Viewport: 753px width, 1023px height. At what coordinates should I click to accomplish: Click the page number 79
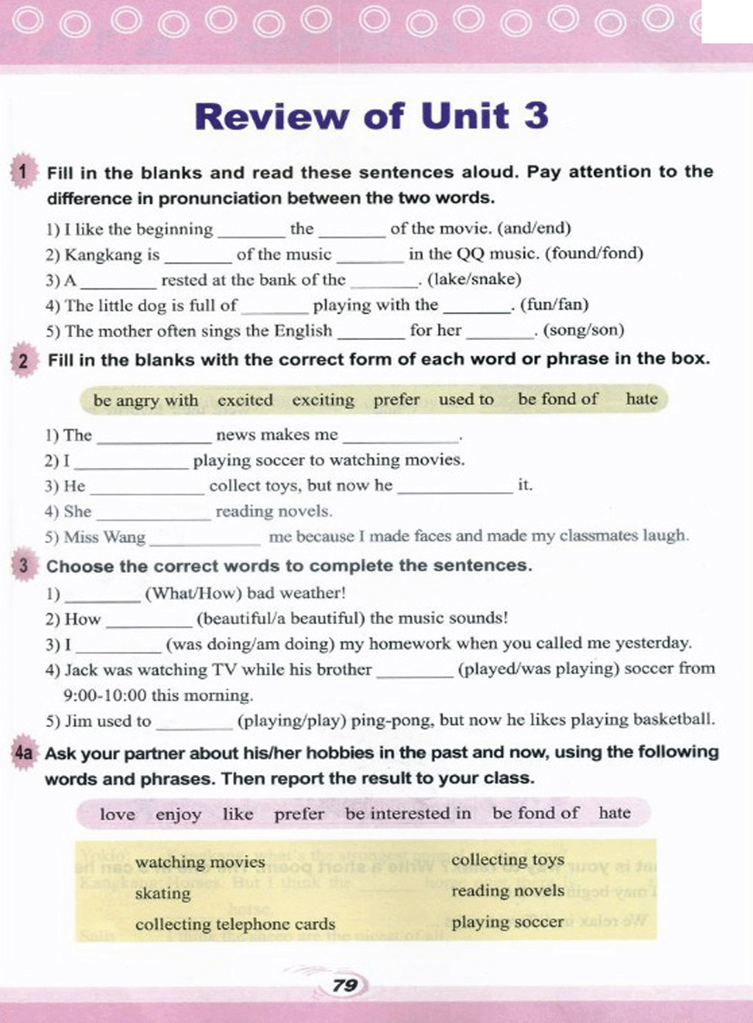pos(344,985)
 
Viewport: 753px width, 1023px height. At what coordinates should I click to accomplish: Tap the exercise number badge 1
pos(23,172)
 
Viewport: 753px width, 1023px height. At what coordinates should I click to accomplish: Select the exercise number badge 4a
pos(24,753)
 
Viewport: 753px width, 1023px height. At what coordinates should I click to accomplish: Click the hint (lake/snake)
pos(474,280)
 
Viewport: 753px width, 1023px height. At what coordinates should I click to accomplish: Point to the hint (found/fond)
pos(600,254)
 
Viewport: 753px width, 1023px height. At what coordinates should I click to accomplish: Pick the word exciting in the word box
pos(323,400)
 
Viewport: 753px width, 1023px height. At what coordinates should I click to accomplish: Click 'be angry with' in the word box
pos(146,400)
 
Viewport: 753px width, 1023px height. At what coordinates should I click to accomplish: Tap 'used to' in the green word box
pos(466,399)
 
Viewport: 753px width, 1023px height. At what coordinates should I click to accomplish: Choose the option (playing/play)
pos(291,721)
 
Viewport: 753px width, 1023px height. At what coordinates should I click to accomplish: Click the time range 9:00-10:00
pos(105,695)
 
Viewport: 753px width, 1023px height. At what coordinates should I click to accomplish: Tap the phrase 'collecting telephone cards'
pos(235,924)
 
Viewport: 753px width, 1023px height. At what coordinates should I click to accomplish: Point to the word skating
pos(163,893)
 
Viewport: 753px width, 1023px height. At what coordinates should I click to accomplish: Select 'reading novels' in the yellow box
pos(507,891)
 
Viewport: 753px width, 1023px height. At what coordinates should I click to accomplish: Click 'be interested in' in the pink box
pos(408,813)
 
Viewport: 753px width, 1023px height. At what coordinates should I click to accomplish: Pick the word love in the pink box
pos(118,814)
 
